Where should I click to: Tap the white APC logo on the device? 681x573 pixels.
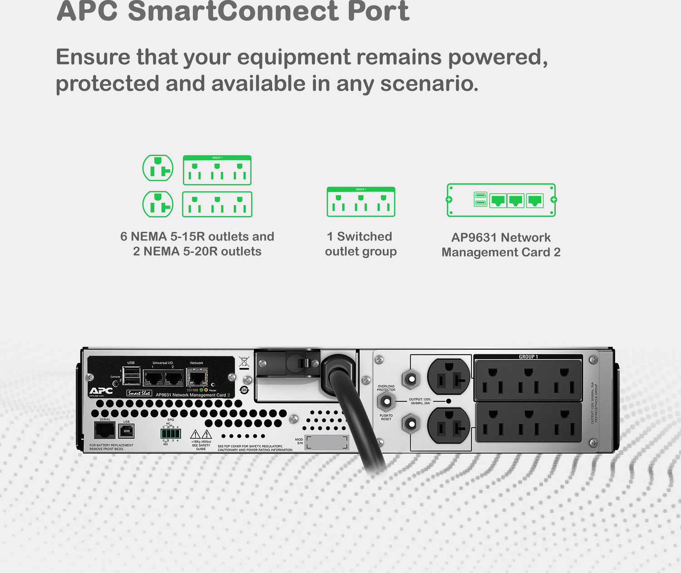pyautogui.click(x=101, y=391)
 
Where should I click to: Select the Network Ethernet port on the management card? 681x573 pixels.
pyautogui.click(x=197, y=377)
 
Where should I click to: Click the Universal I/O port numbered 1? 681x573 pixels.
pyautogui.click(x=153, y=377)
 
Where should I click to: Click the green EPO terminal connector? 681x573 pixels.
pyautogui.click(x=171, y=433)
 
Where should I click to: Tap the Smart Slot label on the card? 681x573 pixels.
pyautogui.click(x=139, y=393)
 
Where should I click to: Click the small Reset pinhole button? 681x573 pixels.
pyautogui.click(x=213, y=385)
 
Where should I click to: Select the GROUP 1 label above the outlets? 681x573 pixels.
pyautogui.click(x=528, y=357)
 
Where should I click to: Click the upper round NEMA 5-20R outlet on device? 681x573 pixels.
pyautogui.click(x=449, y=377)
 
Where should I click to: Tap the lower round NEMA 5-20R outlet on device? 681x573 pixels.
pyautogui.click(x=449, y=426)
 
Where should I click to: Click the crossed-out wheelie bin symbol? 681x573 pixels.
pyautogui.click(x=244, y=362)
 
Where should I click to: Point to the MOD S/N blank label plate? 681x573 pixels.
pyautogui.click(x=326, y=442)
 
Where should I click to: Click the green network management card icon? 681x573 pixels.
pyautogui.click(x=501, y=200)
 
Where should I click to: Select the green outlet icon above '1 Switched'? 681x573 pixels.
pyautogui.click(x=361, y=202)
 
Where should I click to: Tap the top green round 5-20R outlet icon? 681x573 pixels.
pyautogui.click(x=158, y=168)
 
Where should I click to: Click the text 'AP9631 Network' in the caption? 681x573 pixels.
pyautogui.click(x=501, y=237)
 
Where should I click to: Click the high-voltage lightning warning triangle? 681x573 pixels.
pyautogui.click(x=207, y=434)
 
